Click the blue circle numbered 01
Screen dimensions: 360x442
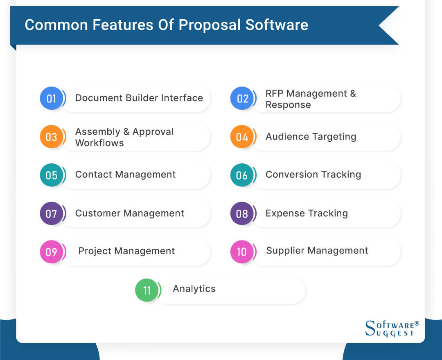coord(51,98)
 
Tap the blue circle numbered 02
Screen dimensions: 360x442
coord(242,98)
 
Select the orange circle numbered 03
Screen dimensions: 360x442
coord(51,136)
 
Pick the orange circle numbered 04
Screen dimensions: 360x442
coord(242,136)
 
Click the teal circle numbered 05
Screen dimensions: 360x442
coord(51,175)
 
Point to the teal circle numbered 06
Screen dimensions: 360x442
coord(242,175)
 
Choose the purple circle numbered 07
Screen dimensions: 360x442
coord(51,213)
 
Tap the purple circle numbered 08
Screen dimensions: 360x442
coord(242,213)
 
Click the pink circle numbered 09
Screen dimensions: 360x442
coord(51,251)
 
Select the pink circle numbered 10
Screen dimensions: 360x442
coord(242,251)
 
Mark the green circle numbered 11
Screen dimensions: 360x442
coord(147,290)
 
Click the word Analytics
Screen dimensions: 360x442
coord(194,289)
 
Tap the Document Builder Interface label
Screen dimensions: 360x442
coord(139,98)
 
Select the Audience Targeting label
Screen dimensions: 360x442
coord(311,136)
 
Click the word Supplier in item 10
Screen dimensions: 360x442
coord(285,251)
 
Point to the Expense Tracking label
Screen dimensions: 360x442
coord(307,213)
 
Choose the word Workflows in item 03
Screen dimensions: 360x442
coord(99,143)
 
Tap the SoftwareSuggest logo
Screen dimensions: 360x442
coord(392,328)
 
